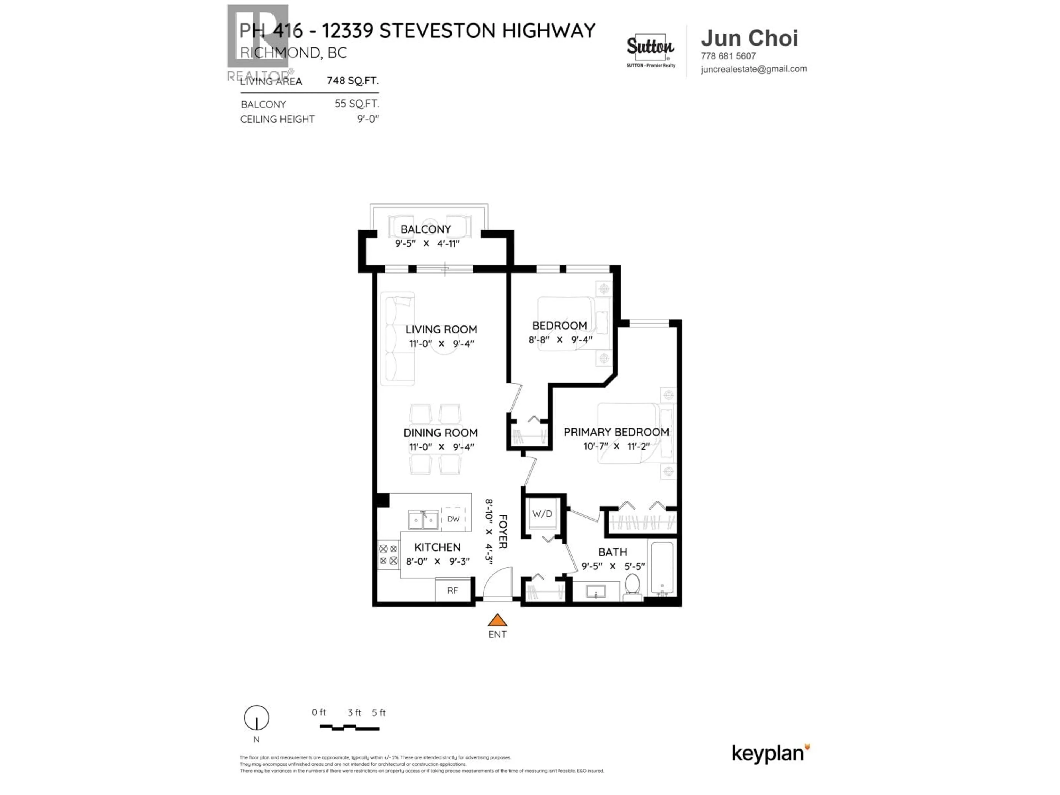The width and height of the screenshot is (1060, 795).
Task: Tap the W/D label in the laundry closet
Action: click(542, 514)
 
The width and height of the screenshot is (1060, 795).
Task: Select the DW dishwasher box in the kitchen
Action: click(453, 518)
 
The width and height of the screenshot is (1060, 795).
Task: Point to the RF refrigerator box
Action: click(452, 590)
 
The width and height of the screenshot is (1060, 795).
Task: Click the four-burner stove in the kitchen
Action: click(388, 555)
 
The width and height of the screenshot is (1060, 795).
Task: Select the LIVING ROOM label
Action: click(441, 329)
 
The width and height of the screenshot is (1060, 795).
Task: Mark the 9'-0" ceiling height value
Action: click(368, 119)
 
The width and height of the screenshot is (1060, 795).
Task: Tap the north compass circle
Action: click(256, 718)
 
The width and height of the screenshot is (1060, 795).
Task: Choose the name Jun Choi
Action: click(749, 38)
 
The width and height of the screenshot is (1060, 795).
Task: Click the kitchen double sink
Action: click(423, 520)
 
